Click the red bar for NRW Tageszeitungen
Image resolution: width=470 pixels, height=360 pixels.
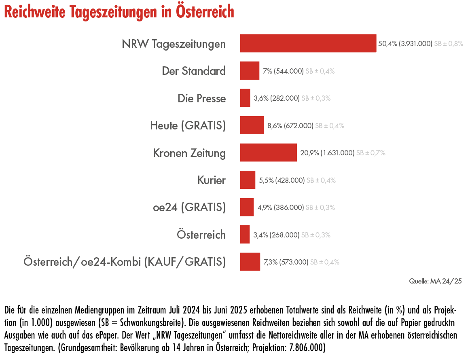(x=308, y=43)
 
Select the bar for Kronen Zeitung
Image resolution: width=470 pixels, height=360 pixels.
(x=269, y=152)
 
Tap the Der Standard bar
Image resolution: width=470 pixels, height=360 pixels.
(x=250, y=71)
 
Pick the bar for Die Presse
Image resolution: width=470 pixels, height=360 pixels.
(x=245, y=98)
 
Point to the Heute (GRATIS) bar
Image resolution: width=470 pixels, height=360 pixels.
(x=252, y=125)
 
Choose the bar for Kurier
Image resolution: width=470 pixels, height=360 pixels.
(x=248, y=180)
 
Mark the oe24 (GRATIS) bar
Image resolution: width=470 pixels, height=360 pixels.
(x=247, y=207)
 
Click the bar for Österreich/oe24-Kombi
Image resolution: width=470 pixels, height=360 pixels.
(x=250, y=262)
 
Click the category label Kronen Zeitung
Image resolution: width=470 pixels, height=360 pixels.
(x=189, y=153)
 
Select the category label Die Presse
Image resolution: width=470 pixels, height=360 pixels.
(x=201, y=98)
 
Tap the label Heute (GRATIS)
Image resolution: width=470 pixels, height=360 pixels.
(x=188, y=125)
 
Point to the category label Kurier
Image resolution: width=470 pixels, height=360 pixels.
(x=212, y=180)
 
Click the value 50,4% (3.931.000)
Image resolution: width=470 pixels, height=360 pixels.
(x=405, y=44)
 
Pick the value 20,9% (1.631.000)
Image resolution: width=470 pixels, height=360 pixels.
(x=327, y=153)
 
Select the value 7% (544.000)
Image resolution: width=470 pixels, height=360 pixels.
(x=283, y=71)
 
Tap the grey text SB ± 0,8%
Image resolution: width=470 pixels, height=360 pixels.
(x=449, y=44)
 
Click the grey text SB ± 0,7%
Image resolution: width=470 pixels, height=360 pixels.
(x=371, y=153)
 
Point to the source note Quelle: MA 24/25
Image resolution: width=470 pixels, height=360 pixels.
(x=435, y=281)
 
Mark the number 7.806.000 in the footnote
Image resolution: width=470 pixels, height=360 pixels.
(x=307, y=347)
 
